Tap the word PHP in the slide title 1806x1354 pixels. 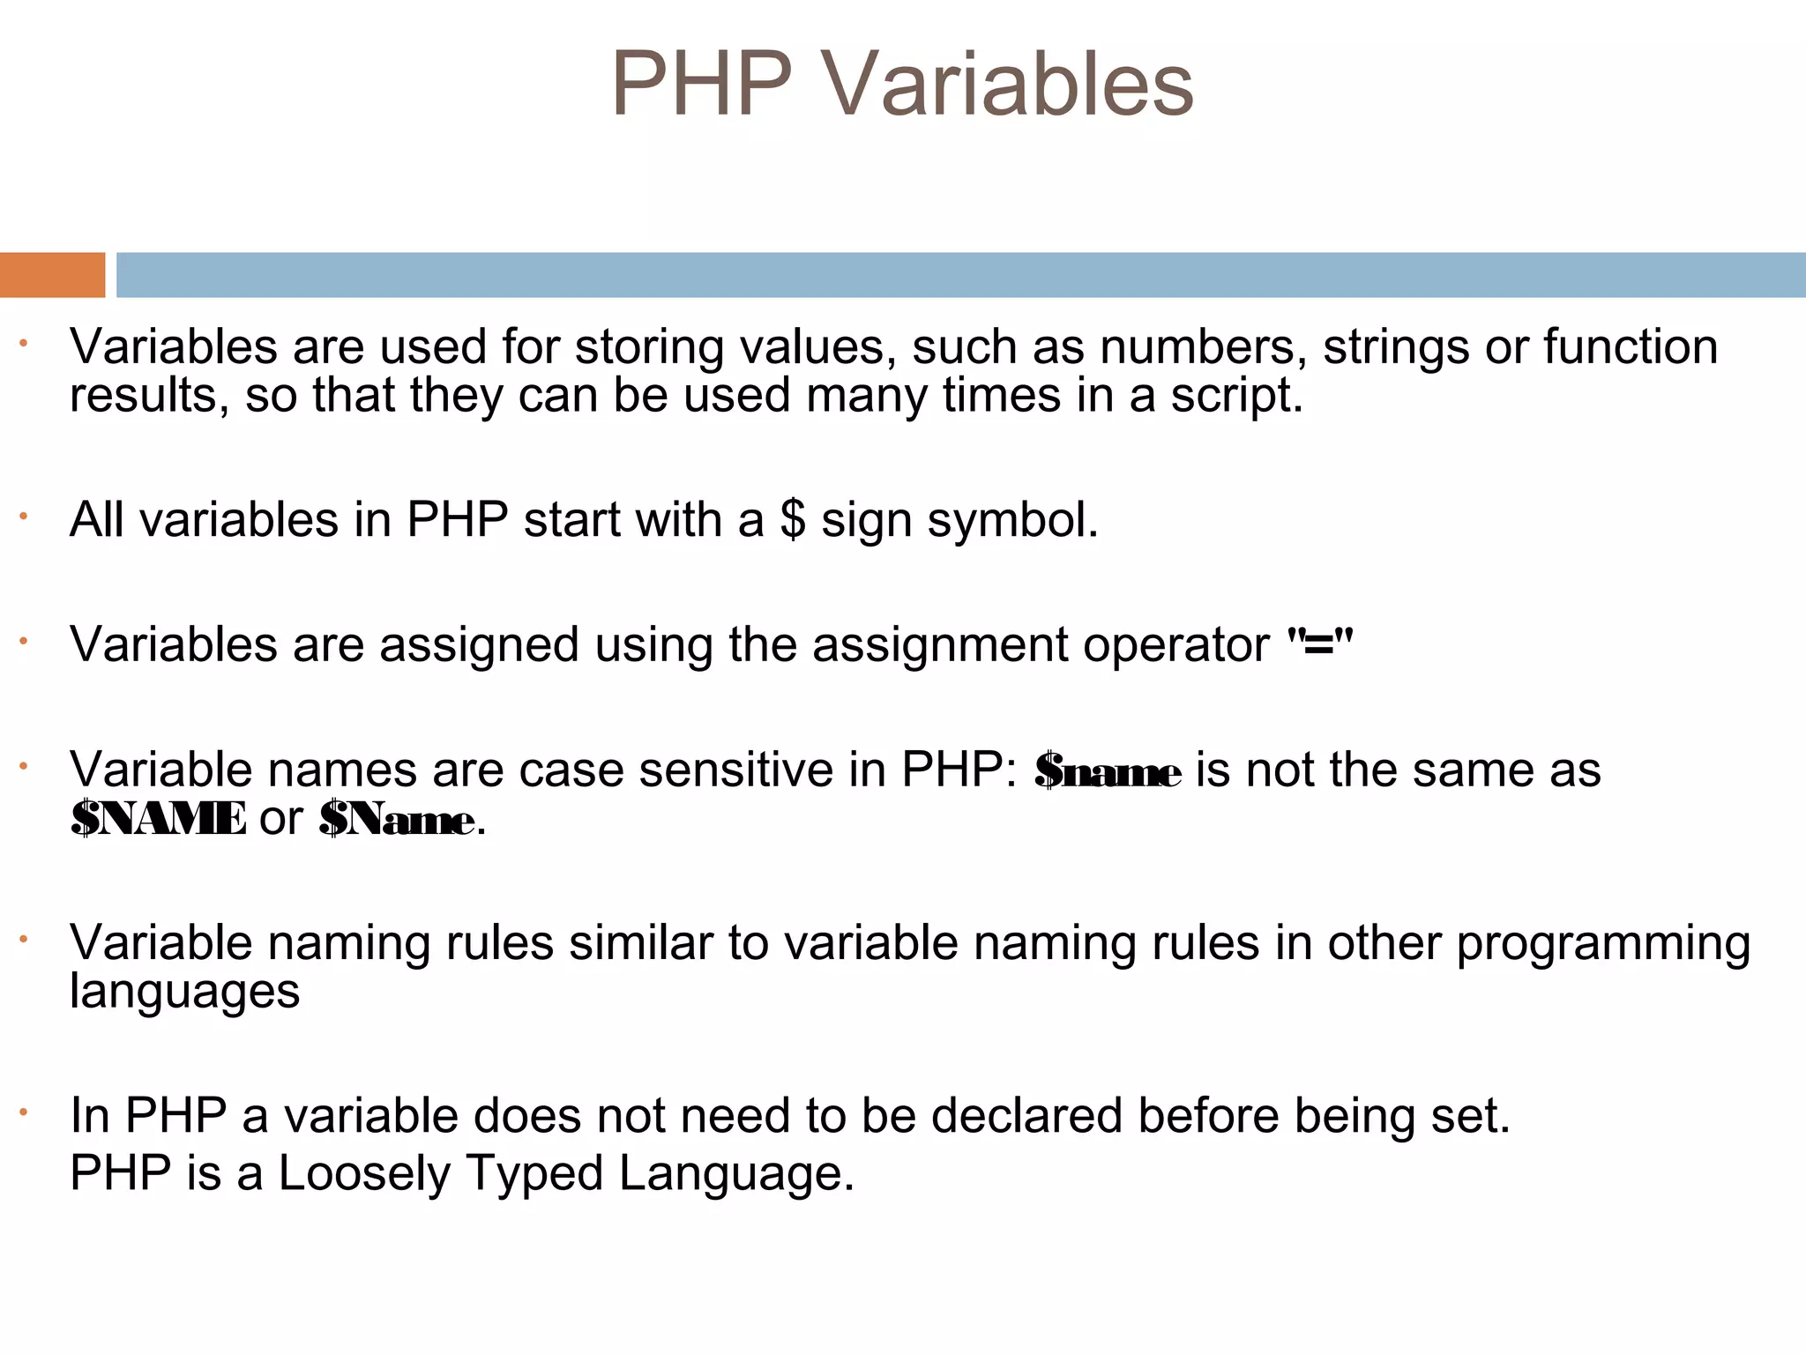click(x=701, y=84)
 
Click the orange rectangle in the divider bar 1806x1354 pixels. click(x=52, y=275)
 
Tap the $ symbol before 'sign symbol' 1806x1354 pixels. click(x=793, y=520)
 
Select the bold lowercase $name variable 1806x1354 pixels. click(x=1108, y=771)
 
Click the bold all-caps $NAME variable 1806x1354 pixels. click(x=159, y=819)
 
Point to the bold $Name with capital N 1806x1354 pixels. click(x=397, y=820)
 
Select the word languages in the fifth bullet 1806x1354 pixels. click(x=184, y=993)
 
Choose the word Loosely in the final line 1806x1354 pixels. click(x=364, y=1174)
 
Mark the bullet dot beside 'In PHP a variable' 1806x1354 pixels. click(x=25, y=1112)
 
